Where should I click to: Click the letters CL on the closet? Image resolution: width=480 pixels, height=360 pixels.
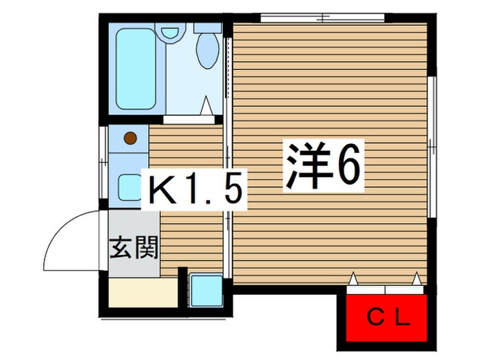(x=387, y=317)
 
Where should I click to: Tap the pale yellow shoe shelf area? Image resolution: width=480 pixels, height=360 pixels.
(x=143, y=293)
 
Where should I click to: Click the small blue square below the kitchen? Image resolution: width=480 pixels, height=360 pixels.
(x=205, y=290)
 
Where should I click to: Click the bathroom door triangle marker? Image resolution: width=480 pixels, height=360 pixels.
(x=205, y=106)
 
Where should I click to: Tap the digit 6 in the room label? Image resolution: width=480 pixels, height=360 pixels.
(x=346, y=166)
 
